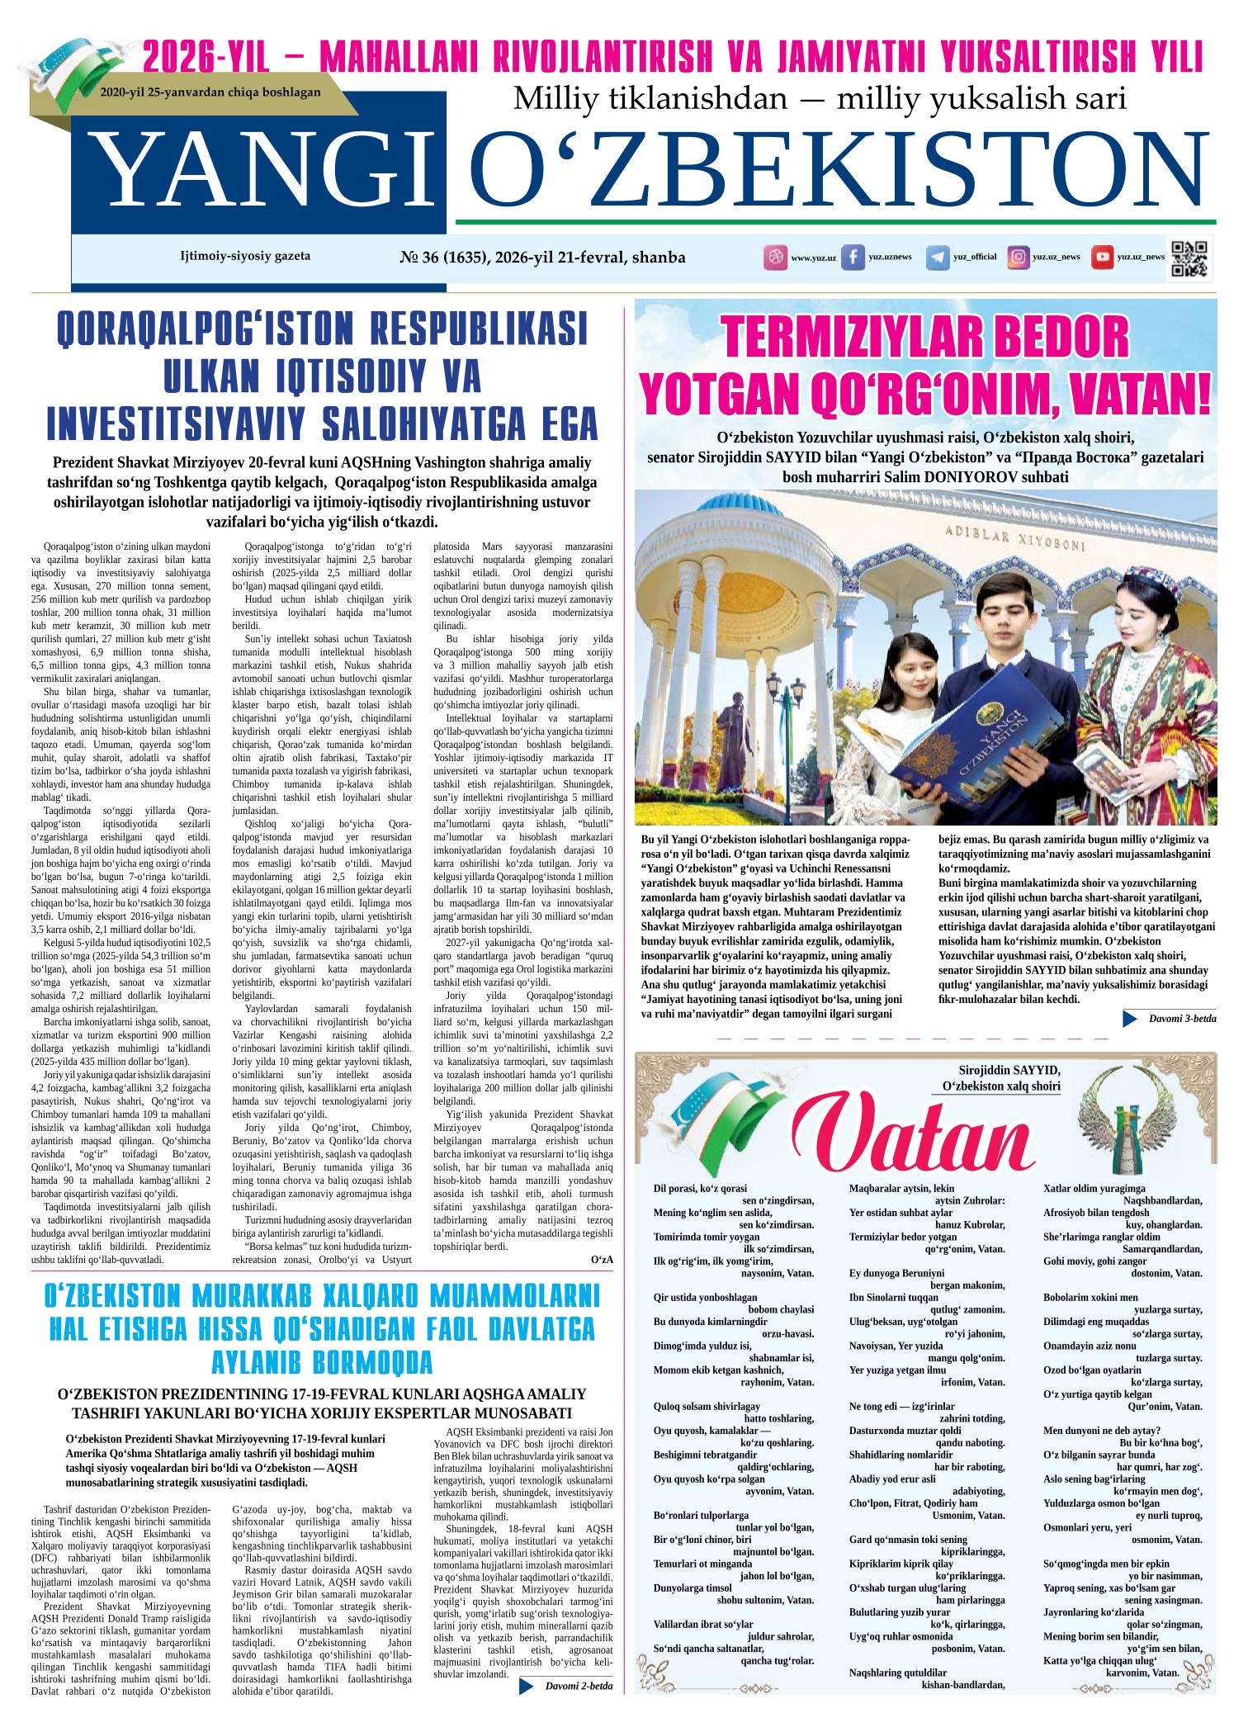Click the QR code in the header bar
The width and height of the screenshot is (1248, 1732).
tap(1189, 258)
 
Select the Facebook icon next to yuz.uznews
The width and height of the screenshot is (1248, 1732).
tap(853, 257)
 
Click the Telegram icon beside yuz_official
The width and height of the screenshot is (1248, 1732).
tap(937, 258)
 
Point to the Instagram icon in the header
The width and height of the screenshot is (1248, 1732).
tap(1019, 258)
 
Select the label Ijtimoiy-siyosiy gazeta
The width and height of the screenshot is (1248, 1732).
tap(245, 256)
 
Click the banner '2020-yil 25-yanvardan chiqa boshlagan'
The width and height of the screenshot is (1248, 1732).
tap(210, 92)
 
